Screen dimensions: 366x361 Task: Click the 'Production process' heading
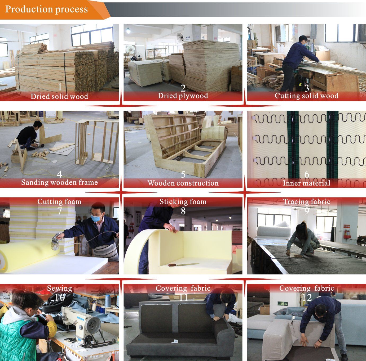pyautogui.click(x=47, y=9)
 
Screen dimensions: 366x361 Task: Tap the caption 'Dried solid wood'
pyautogui.click(x=59, y=96)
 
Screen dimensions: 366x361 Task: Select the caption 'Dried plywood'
pyautogui.click(x=183, y=96)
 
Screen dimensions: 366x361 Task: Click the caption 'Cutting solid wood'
pyautogui.click(x=306, y=96)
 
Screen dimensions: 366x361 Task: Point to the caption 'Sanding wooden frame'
pyautogui.click(x=59, y=182)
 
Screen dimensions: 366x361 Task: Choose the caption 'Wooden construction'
pyautogui.click(x=183, y=183)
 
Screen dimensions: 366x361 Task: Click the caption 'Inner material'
pyautogui.click(x=307, y=183)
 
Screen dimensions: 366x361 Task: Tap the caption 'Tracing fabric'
pyautogui.click(x=307, y=201)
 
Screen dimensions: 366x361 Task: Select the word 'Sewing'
pyautogui.click(x=59, y=288)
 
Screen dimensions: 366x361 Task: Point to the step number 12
pyautogui.click(x=307, y=297)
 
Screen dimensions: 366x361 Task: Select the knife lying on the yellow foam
pyautogui.click(x=183, y=264)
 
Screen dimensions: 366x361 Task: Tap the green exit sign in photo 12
pyautogui.click(x=283, y=304)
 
